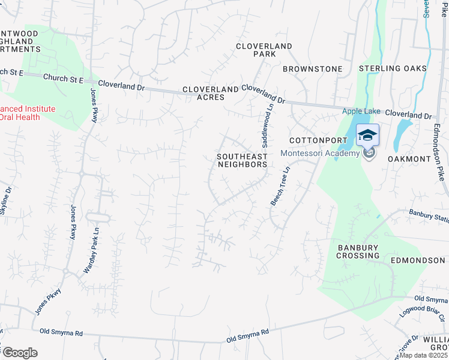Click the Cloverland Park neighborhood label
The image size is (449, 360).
[x=264, y=50]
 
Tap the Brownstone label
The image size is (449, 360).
[x=312, y=69]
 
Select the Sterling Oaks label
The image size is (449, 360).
[x=393, y=68]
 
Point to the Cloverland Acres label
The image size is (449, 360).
[x=211, y=93]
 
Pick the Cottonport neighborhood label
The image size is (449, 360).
[x=310, y=140]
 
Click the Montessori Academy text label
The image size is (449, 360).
[x=319, y=152]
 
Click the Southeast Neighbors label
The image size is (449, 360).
[x=241, y=160]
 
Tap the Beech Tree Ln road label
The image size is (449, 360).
[x=280, y=186]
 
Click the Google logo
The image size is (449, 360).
[x=20, y=353]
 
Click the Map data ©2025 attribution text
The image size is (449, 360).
[x=424, y=355]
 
